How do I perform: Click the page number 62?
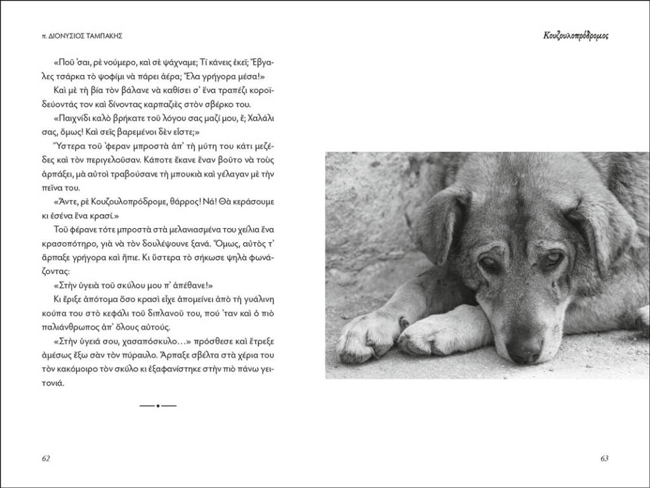46,459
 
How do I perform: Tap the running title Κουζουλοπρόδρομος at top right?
575,36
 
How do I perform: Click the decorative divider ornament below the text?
157,405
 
